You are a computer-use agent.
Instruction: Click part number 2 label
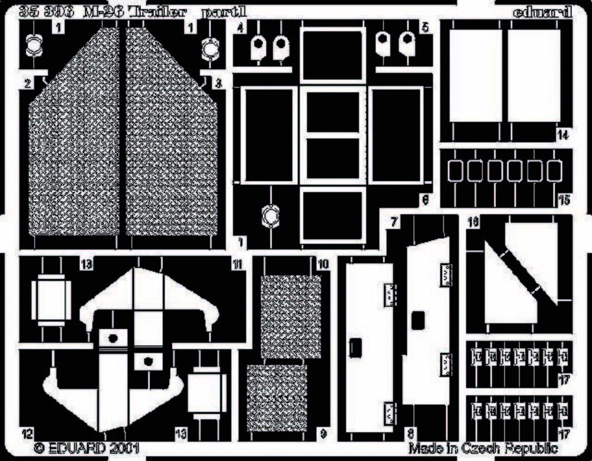pos(27,84)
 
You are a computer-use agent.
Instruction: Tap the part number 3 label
pos(218,84)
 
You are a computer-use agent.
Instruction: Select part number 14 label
pos(562,135)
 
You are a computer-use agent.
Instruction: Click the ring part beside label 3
pos(208,50)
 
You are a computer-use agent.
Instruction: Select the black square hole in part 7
pos(419,320)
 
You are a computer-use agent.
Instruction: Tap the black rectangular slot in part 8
pos(356,348)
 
